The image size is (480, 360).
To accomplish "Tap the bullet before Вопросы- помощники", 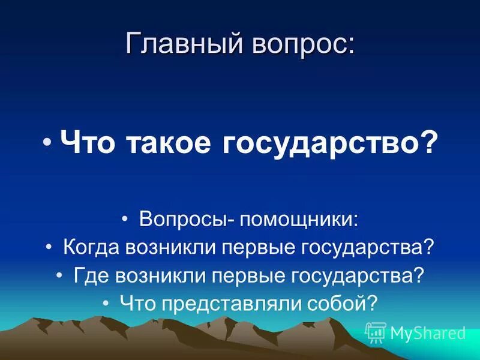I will [x=125, y=220].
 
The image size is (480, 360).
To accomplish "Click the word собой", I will [x=344, y=303].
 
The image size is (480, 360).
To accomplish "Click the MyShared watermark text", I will [x=428, y=333].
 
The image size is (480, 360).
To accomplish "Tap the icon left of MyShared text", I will [x=376, y=332].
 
